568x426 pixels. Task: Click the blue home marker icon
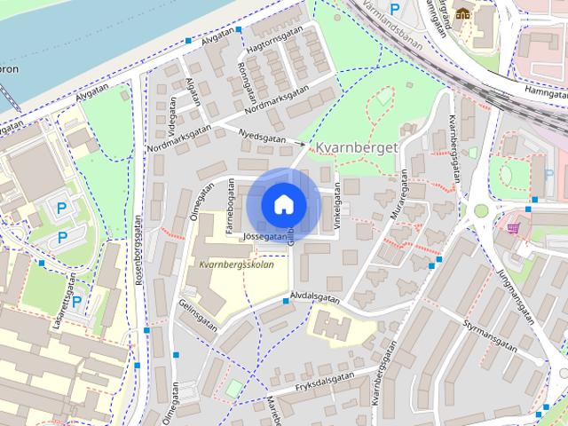tap(283, 204)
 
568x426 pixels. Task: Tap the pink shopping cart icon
tap(513, 228)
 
